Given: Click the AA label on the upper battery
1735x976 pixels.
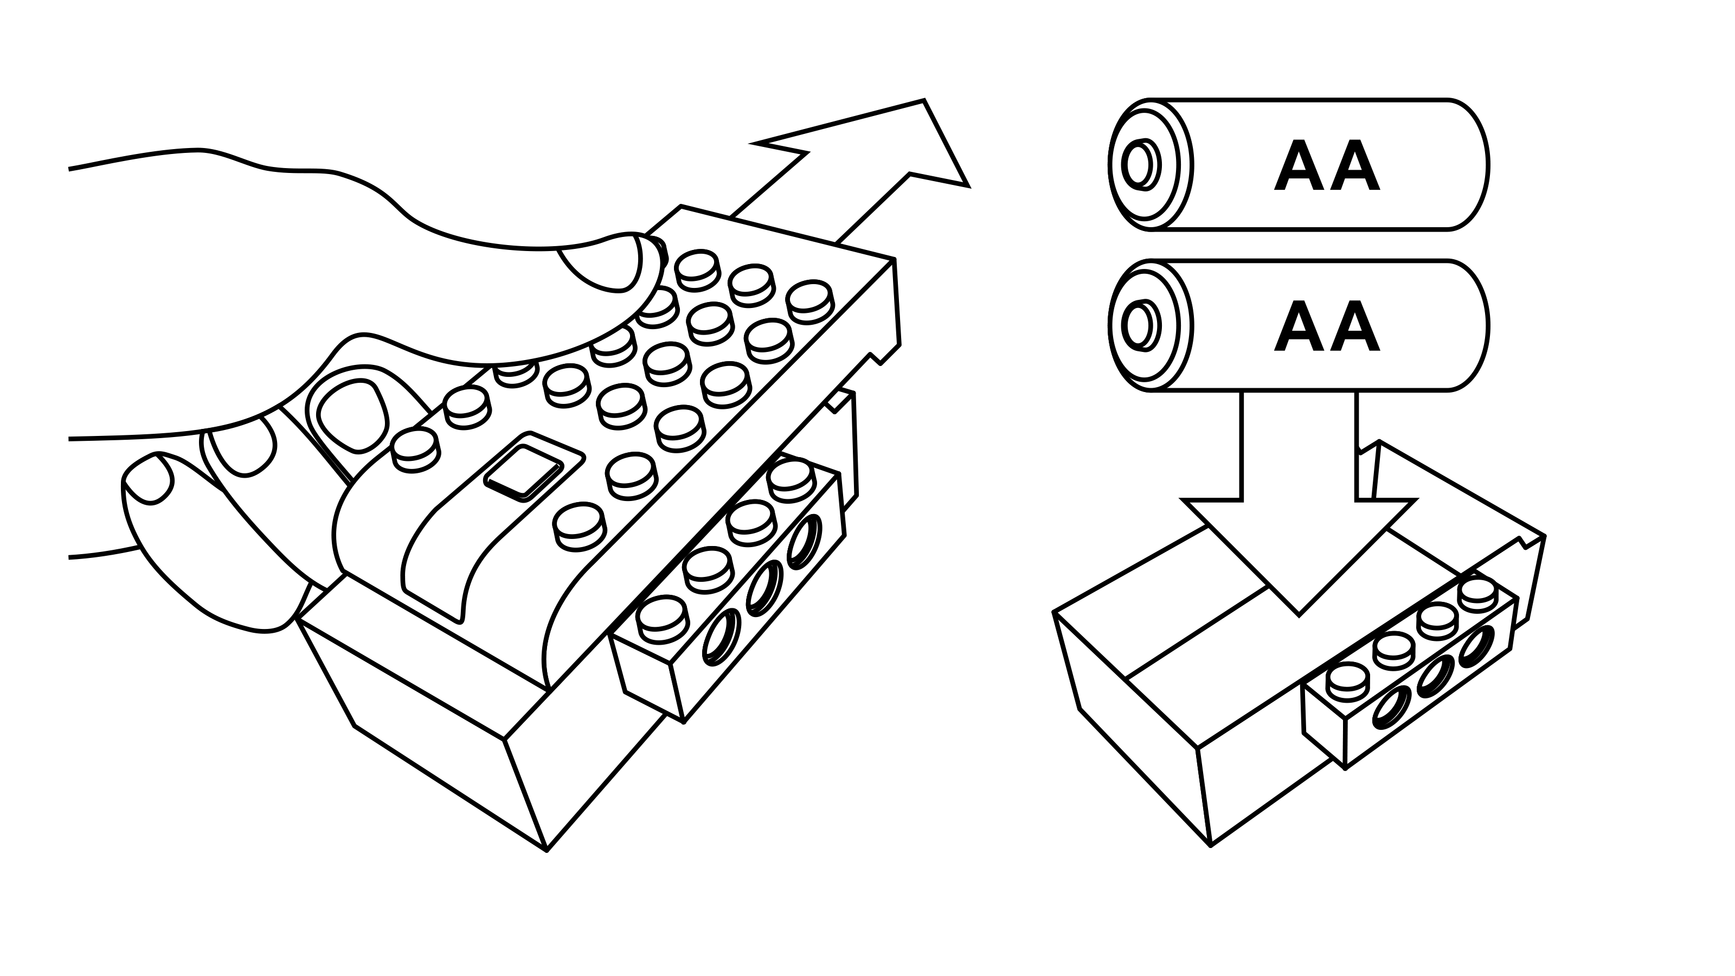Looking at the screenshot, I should pos(1326,166).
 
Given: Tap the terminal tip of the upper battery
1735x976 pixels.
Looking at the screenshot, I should pos(1138,165).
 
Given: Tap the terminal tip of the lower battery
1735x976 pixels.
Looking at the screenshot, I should pos(1138,326).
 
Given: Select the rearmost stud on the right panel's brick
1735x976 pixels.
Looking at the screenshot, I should pos(1477,590).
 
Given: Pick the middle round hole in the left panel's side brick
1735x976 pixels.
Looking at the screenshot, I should pos(763,586).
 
